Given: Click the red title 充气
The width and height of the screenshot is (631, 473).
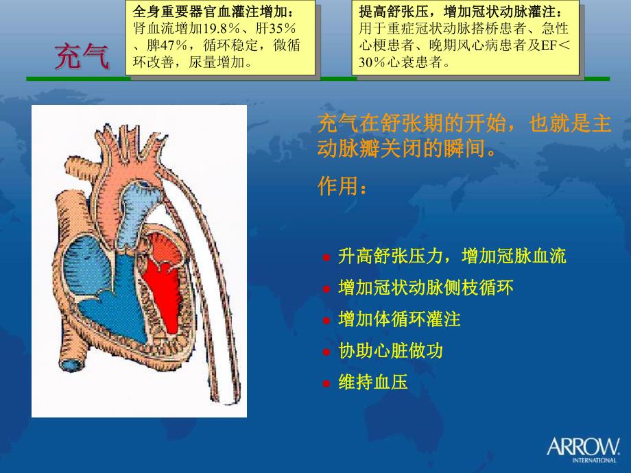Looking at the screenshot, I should click(x=82, y=56).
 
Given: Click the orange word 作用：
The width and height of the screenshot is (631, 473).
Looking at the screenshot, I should click(x=342, y=186).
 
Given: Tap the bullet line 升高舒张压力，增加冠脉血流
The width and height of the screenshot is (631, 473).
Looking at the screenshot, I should click(x=452, y=256).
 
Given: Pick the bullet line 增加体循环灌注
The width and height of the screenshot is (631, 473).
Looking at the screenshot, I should click(x=399, y=319).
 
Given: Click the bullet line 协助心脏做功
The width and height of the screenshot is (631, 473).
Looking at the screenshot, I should click(x=390, y=351).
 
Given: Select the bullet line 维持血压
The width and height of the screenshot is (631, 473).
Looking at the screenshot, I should click(x=373, y=383).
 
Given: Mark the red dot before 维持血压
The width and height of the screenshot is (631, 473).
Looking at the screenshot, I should click(x=326, y=384).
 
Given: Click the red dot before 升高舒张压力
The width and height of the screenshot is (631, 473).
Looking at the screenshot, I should click(x=326, y=258).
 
